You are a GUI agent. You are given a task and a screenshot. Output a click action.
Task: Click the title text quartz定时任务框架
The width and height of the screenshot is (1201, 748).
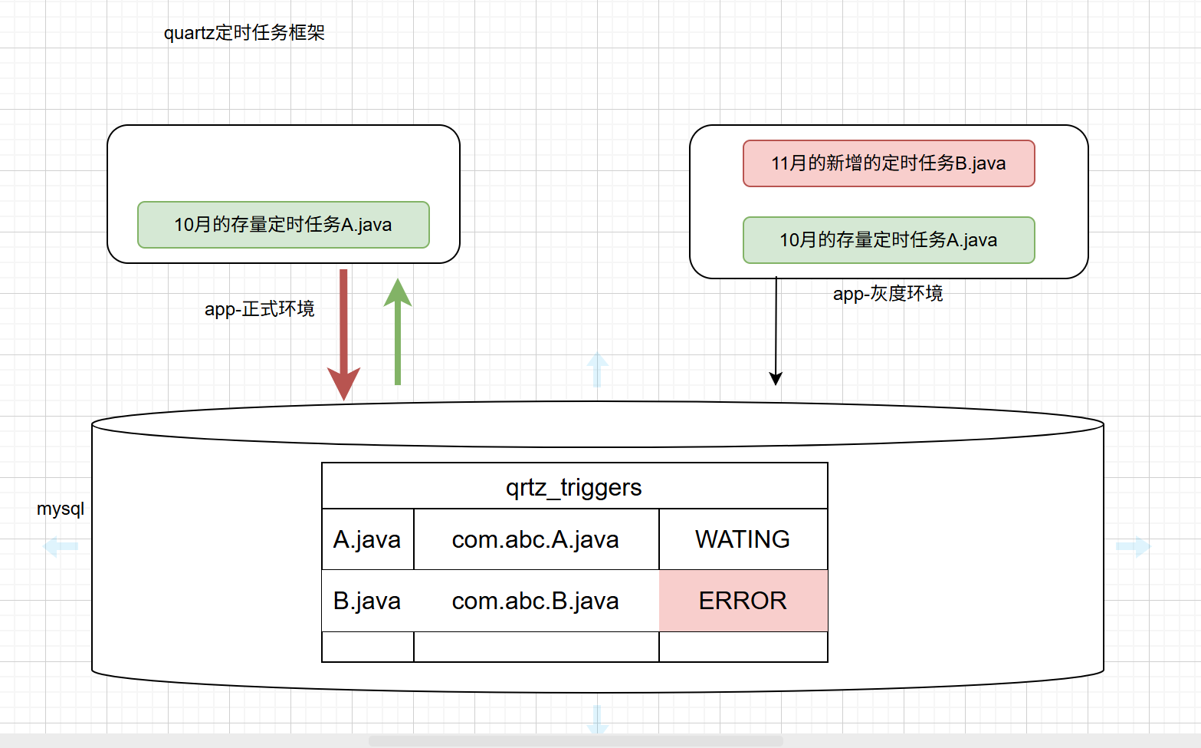[244, 33]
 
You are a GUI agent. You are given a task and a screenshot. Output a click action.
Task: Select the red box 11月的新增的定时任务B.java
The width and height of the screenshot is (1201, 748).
[888, 163]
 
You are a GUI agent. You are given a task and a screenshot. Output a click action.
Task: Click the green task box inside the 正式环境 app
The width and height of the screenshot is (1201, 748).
[283, 225]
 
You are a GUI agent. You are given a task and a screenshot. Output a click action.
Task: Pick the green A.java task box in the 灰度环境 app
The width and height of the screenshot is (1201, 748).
[888, 240]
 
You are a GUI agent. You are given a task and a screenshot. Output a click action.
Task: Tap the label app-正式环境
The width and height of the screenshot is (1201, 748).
[259, 309]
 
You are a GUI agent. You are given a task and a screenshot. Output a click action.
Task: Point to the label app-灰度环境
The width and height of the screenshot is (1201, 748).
[888, 294]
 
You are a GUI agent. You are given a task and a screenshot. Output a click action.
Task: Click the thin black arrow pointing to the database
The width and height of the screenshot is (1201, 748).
[776, 330]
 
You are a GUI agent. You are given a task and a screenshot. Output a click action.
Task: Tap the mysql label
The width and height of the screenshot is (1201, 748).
[61, 509]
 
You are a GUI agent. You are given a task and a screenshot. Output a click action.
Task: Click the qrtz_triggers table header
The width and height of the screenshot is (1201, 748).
[574, 487]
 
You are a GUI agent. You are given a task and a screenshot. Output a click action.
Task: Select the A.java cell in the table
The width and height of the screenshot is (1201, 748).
[367, 539]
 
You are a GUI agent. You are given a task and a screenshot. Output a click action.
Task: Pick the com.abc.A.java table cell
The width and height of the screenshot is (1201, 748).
[535, 539]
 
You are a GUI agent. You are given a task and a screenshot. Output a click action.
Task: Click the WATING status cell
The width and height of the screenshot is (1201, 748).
[742, 539]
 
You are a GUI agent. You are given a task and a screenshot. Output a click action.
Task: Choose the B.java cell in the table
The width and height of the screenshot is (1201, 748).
[367, 601]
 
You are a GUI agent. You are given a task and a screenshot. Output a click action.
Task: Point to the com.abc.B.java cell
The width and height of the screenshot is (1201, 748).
[535, 601]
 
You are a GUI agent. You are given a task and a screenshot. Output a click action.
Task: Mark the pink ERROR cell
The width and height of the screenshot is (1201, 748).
[742, 601]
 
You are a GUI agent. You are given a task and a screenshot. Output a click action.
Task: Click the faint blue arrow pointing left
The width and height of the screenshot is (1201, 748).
[61, 547]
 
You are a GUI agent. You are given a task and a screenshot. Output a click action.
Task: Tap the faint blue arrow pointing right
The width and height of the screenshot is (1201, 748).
[1133, 547]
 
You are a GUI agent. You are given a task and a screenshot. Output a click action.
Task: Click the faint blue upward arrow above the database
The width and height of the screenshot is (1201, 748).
[597, 370]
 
